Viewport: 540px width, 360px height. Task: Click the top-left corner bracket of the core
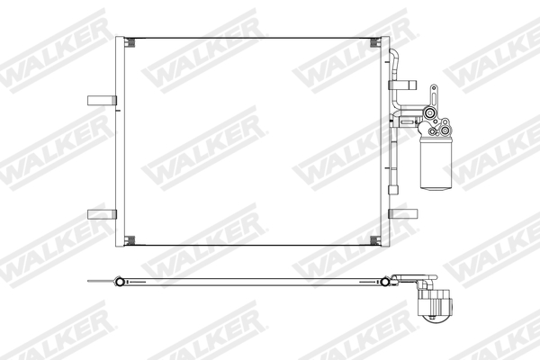(129, 42)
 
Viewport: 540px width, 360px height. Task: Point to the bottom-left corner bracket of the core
(129, 240)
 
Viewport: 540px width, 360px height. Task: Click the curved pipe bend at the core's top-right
(393, 56)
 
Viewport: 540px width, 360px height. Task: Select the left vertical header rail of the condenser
(119, 144)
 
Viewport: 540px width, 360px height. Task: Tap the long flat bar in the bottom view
(252, 280)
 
